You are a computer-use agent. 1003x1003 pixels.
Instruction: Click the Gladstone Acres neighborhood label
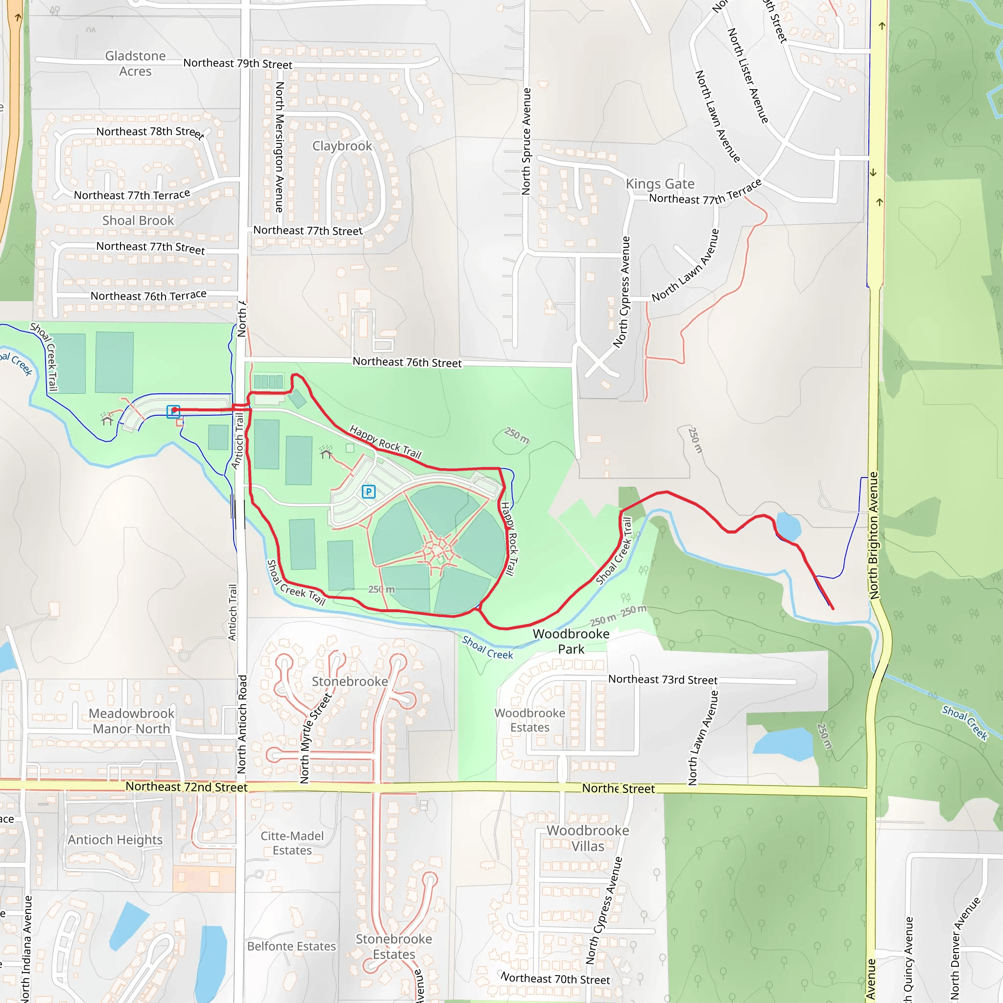tap(136, 63)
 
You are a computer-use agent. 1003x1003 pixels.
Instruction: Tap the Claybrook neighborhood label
tap(342, 146)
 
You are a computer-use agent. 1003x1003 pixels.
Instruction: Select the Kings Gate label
tap(660, 184)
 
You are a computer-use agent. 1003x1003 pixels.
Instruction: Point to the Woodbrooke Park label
tap(571, 641)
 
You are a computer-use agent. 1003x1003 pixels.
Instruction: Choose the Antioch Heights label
tap(115, 839)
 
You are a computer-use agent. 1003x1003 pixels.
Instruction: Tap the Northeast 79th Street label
tap(238, 63)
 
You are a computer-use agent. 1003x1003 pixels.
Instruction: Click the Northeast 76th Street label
tap(407, 362)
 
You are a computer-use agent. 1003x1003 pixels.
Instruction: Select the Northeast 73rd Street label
tap(663, 679)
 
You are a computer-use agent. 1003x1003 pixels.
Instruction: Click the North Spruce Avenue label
tap(526, 141)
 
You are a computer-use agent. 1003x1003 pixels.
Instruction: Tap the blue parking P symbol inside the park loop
tap(369, 491)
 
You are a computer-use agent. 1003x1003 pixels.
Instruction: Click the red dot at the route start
tap(175, 410)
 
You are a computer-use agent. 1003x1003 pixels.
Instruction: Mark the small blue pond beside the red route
tap(788, 526)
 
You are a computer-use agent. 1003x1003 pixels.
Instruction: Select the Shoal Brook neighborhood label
tap(138, 221)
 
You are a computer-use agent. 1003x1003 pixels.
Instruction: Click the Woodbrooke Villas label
tap(588, 838)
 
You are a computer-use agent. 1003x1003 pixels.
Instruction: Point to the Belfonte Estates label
tap(291, 946)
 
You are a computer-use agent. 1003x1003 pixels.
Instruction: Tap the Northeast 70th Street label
tap(555, 979)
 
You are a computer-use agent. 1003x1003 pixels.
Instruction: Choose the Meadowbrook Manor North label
tap(132, 721)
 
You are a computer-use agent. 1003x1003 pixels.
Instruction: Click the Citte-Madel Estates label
tap(292, 843)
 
